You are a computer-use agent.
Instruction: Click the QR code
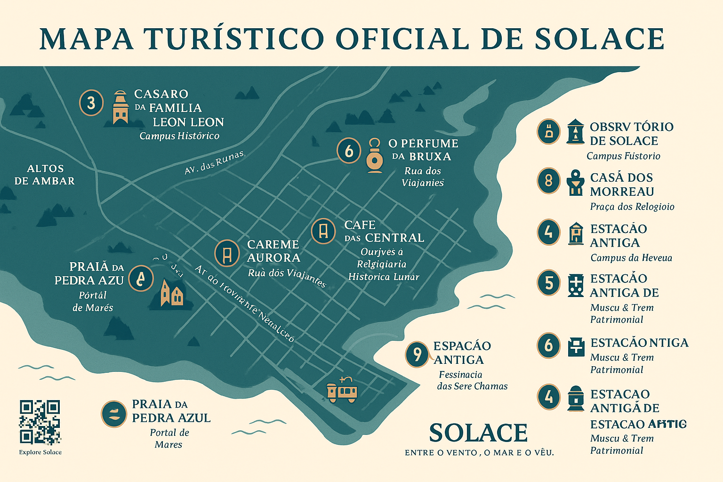click(x=40, y=422)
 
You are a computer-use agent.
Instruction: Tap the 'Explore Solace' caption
click(x=40, y=452)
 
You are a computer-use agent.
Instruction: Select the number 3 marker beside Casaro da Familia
click(x=91, y=102)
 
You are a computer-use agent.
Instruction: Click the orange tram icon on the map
click(x=342, y=390)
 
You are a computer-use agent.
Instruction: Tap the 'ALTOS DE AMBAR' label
click(x=45, y=175)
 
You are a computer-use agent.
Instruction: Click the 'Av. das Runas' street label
click(x=214, y=162)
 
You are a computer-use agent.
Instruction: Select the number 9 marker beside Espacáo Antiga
click(x=417, y=353)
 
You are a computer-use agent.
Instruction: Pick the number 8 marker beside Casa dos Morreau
click(x=548, y=181)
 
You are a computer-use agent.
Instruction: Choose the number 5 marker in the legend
click(x=549, y=283)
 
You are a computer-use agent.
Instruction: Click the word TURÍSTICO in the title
click(x=234, y=39)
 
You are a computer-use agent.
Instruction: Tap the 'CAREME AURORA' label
click(x=273, y=251)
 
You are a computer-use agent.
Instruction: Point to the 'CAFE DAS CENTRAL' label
click(x=384, y=231)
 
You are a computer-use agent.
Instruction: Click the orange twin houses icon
click(x=171, y=293)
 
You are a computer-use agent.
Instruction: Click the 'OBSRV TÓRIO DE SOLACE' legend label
click(x=631, y=134)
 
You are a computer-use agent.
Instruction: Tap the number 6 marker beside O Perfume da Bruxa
click(x=349, y=151)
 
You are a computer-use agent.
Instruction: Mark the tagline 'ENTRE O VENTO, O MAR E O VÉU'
click(x=479, y=453)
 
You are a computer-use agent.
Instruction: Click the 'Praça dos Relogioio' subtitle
click(x=632, y=207)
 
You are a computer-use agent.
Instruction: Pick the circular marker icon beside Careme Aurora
click(x=227, y=253)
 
